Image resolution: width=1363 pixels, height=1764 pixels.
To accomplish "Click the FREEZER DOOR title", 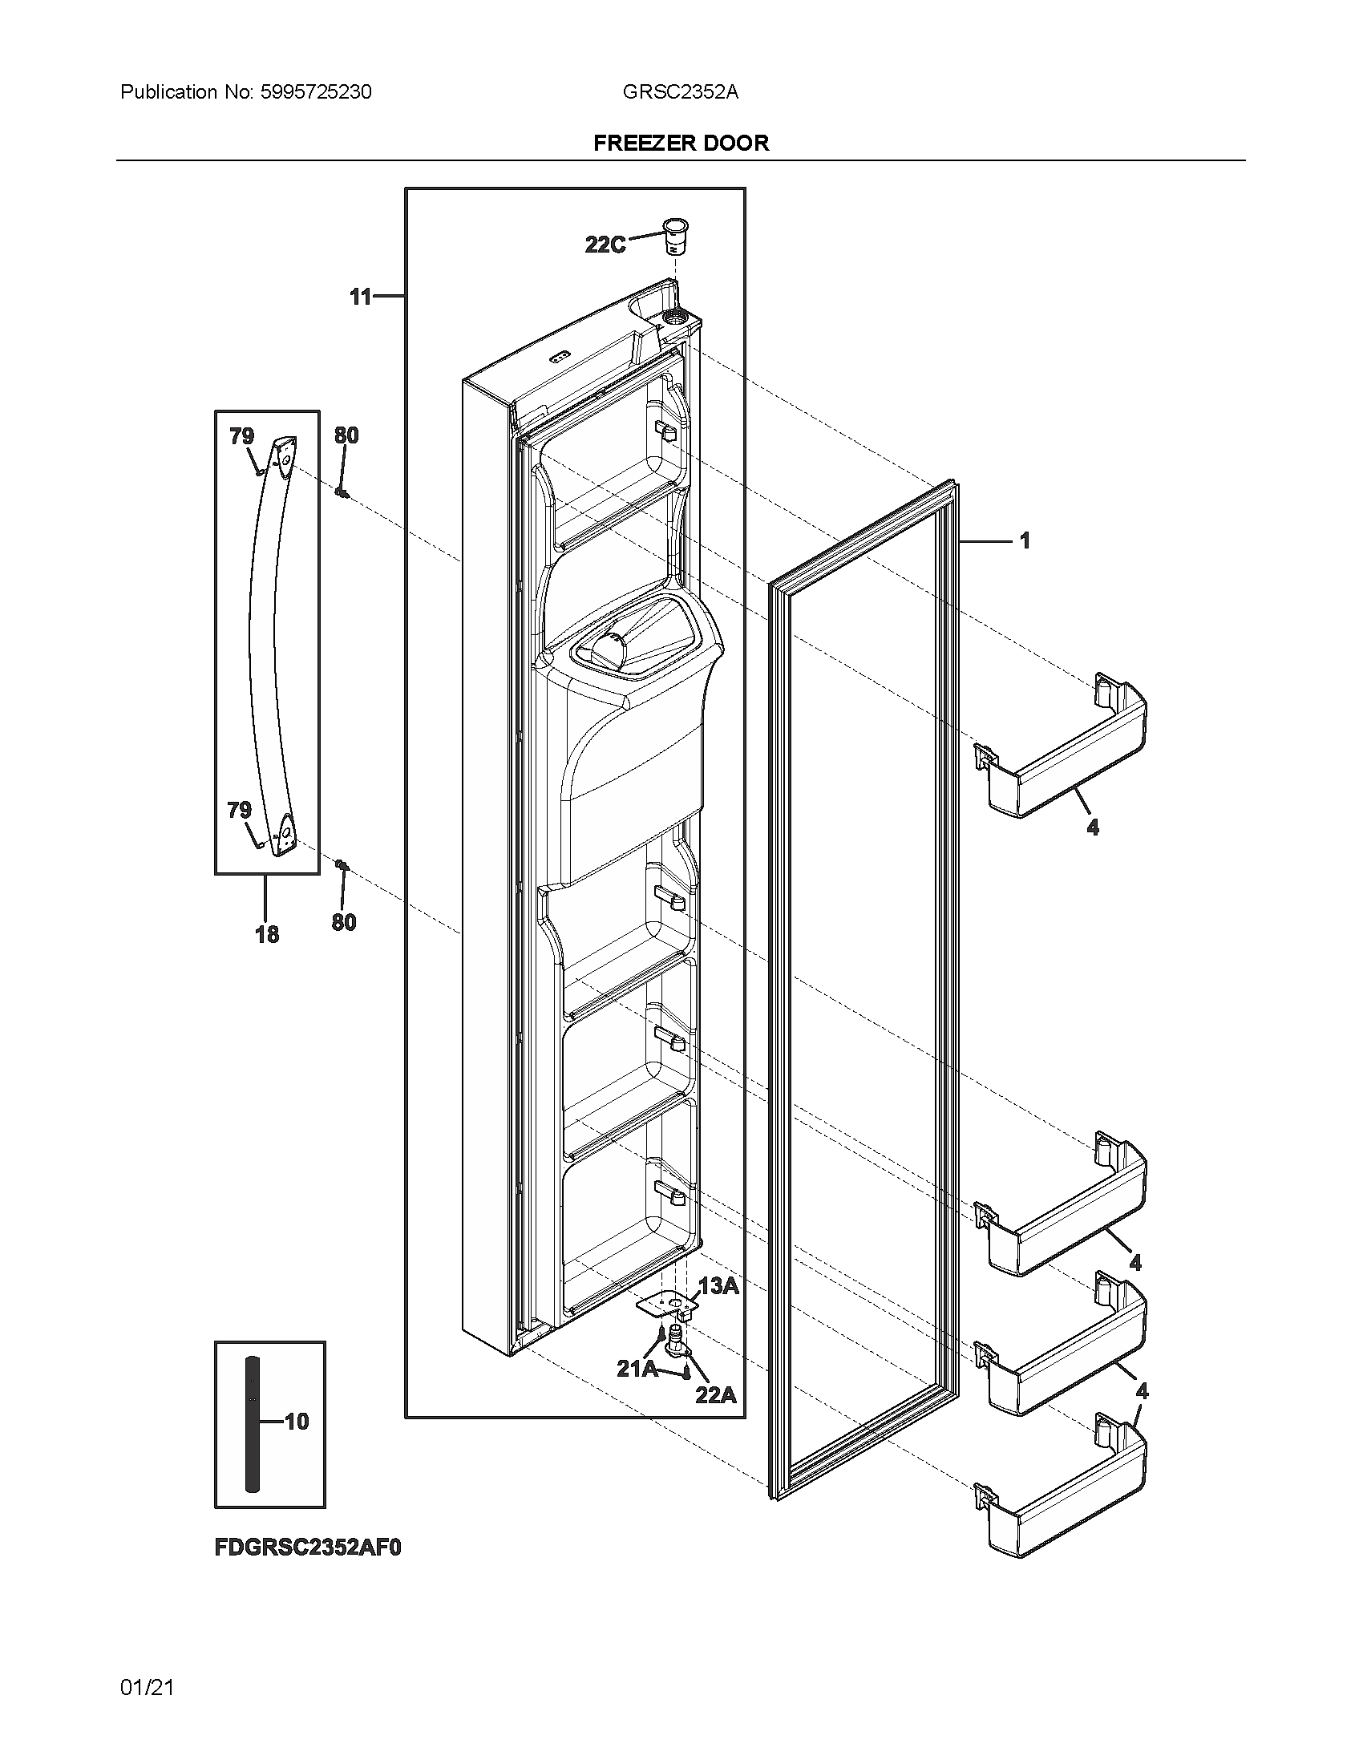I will [681, 143].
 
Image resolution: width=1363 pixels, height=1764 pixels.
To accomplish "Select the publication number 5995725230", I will [316, 92].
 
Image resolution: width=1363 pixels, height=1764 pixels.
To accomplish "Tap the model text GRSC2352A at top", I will [680, 92].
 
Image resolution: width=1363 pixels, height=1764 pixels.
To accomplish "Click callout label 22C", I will [605, 245].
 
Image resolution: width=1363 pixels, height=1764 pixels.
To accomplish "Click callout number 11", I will [360, 297].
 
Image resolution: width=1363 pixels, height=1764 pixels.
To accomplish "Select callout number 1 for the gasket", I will [1025, 540].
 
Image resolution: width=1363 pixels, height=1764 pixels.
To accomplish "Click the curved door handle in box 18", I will [264, 646].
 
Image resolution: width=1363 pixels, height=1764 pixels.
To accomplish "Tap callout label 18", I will [267, 934].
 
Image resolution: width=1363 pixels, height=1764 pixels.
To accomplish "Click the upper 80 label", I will [346, 435].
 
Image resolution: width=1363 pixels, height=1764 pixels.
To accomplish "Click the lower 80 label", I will [344, 922].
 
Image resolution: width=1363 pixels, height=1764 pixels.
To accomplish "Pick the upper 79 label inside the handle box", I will [241, 436].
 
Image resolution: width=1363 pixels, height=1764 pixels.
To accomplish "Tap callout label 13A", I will [718, 1286].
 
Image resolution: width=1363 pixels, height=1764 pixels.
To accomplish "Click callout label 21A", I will [637, 1368].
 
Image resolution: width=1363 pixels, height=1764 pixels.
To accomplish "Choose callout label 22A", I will [716, 1394].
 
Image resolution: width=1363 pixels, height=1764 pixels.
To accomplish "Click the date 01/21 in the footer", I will [147, 1687].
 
